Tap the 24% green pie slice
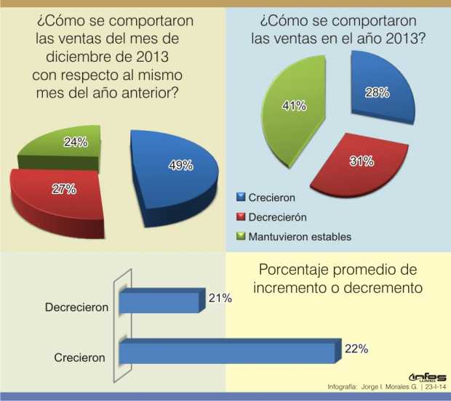[x=69, y=145]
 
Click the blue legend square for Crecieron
[x=241, y=196]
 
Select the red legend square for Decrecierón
[x=241, y=216]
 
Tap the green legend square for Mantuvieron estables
[x=241, y=236]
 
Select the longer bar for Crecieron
[x=229, y=352]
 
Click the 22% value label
[x=356, y=349]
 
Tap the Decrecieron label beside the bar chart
[x=76, y=307]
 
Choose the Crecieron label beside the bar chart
[x=80, y=357]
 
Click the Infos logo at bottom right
[x=427, y=377]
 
